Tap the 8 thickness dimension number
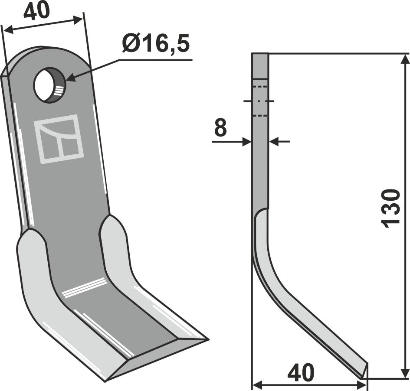tap(220, 128)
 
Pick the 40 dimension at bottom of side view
tap(302, 373)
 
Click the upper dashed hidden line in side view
tap(259, 87)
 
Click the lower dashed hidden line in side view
tap(259, 115)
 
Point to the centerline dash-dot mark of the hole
tap(259, 101)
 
